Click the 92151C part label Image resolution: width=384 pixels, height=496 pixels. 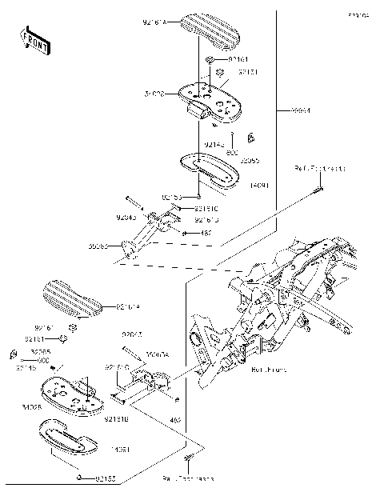pos(206,208)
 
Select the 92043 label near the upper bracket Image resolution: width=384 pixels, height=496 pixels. pos(127,216)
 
